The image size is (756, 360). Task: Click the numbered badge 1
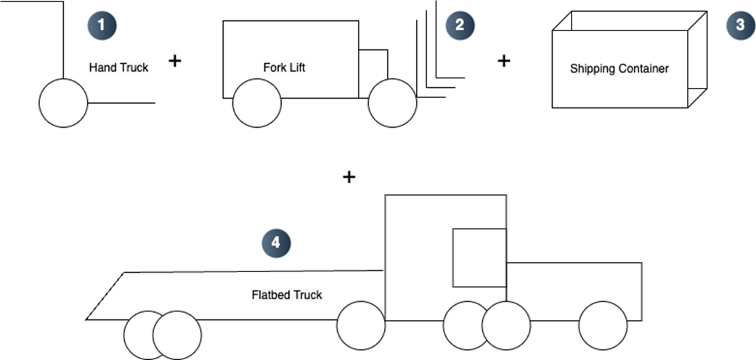click(x=102, y=24)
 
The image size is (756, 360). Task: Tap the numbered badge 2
click(x=459, y=24)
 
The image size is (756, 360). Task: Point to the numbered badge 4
click(x=276, y=243)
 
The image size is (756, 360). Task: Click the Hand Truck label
click(x=118, y=67)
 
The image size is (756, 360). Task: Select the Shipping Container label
click(x=619, y=69)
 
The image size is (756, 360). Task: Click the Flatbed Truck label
click(x=287, y=295)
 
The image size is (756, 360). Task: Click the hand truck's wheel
click(x=63, y=103)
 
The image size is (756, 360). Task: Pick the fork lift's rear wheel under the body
click(x=256, y=103)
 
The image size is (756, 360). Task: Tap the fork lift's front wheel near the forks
click(x=392, y=103)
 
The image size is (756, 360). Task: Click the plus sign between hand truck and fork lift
click(x=174, y=61)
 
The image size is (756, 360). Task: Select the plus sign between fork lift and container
click(x=504, y=61)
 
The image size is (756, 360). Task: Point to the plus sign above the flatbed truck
click(x=349, y=176)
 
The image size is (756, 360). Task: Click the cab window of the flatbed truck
click(x=479, y=258)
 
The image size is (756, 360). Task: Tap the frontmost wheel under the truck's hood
click(x=603, y=325)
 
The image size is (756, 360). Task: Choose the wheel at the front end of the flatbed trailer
click(x=361, y=325)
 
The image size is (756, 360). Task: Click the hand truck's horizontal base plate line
click(x=122, y=103)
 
